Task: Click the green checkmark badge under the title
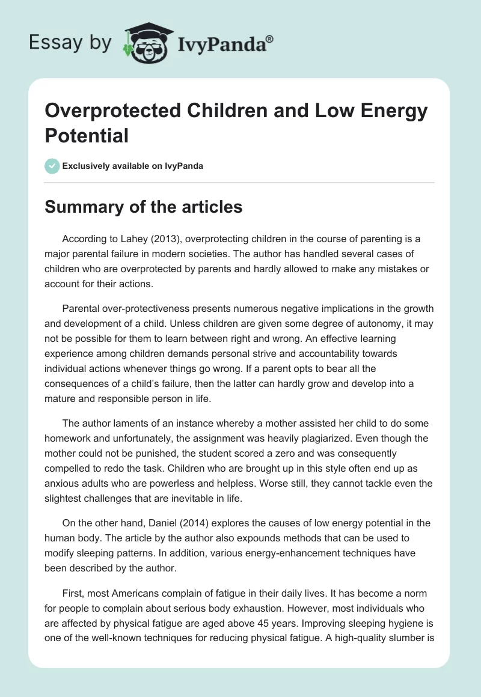point(52,166)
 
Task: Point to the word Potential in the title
point(87,135)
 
